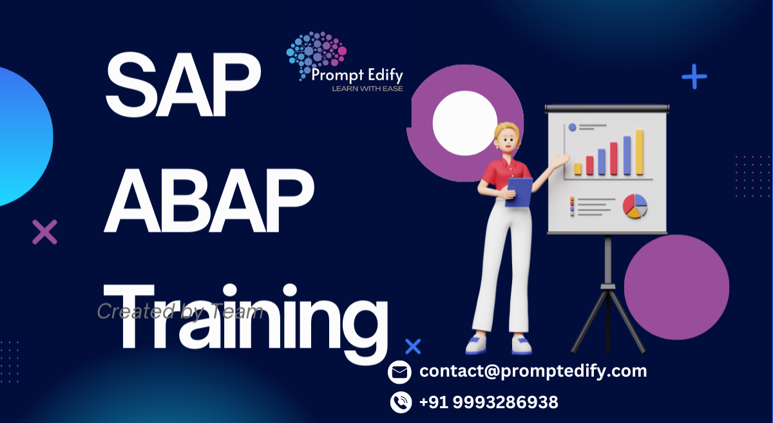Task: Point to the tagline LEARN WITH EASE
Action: (x=367, y=88)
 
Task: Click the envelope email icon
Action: (x=400, y=372)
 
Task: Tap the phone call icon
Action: (x=400, y=403)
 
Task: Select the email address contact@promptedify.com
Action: (x=533, y=371)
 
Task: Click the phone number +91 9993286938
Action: (x=488, y=403)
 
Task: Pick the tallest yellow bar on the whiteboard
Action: (x=640, y=153)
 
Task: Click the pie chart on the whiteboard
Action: (x=635, y=207)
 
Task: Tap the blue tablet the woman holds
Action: (x=519, y=192)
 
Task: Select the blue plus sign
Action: (x=694, y=77)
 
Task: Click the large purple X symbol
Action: (x=44, y=232)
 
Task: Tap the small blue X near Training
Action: (x=413, y=346)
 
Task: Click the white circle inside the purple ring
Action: (x=464, y=123)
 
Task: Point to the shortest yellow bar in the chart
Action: (x=578, y=169)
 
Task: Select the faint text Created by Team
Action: (x=180, y=312)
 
